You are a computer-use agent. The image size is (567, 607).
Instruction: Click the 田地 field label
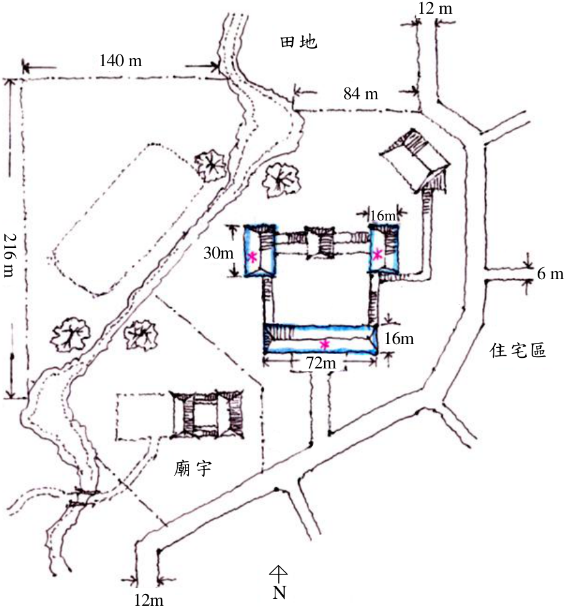click(298, 42)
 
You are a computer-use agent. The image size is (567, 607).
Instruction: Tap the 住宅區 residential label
click(518, 350)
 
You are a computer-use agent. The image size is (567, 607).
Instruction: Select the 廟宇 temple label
click(192, 469)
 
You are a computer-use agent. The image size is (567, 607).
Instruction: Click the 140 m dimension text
click(121, 61)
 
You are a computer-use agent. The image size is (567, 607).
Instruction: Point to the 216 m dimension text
click(9, 255)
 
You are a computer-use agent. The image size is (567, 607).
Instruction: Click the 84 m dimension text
click(361, 94)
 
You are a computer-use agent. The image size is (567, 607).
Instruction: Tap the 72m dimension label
click(321, 363)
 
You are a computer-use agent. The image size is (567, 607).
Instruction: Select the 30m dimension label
click(219, 253)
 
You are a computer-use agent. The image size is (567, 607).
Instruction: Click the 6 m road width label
click(550, 274)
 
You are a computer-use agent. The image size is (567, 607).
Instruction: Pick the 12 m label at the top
click(435, 8)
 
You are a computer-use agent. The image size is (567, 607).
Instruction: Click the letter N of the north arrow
click(279, 592)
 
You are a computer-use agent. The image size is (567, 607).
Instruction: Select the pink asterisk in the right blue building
click(377, 254)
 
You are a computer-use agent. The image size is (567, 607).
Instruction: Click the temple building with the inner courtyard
click(208, 415)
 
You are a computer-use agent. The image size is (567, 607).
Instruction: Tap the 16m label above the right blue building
click(383, 215)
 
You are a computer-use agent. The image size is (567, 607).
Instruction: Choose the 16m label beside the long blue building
click(398, 338)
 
